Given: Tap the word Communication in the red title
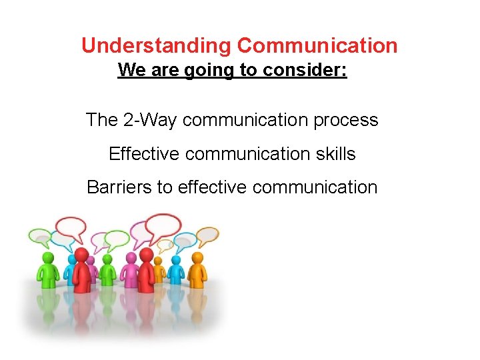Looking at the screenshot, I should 317,46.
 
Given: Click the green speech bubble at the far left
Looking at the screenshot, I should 39,235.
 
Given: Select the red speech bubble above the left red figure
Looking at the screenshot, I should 73,227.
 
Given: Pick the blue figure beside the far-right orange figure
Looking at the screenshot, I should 176,269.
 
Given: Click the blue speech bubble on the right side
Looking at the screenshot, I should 184,239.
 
